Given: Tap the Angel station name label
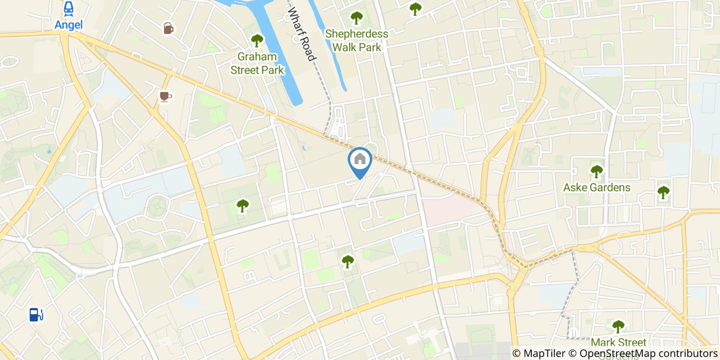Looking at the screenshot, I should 68,24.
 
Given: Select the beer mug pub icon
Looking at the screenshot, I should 168,28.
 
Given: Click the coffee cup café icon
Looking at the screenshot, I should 165,96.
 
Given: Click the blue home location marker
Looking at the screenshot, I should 360,160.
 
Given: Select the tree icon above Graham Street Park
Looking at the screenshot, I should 257,41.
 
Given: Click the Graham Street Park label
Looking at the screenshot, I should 257,63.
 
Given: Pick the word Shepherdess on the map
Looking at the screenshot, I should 356,34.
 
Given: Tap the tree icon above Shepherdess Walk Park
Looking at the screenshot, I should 356,18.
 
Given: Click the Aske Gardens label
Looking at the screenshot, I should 597,187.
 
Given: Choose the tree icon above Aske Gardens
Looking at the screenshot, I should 597,171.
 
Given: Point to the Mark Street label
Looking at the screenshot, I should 618,343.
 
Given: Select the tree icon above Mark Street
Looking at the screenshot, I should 618,326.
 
